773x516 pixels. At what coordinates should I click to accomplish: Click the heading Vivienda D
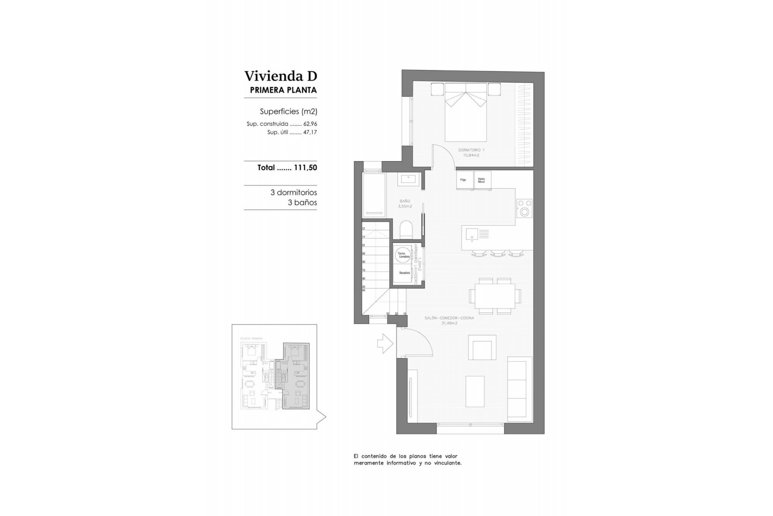[x=281, y=76]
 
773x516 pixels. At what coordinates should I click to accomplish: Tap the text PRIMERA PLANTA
[x=283, y=90]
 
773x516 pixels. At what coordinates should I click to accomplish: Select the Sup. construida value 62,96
[x=310, y=124]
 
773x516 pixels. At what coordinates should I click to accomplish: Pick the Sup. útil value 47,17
[x=310, y=132]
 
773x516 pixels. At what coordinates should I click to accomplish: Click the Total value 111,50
[x=305, y=168]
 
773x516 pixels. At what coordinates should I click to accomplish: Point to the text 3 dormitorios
[x=293, y=193]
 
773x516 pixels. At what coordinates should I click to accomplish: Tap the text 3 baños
[x=302, y=203]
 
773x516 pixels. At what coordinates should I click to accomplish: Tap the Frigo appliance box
[x=463, y=180]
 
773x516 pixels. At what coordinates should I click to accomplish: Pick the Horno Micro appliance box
[x=482, y=180]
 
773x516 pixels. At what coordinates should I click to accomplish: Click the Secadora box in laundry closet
[x=404, y=273]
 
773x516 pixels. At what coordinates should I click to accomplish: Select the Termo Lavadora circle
[x=403, y=255]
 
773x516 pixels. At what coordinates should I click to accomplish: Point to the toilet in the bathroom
[x=406, y=230]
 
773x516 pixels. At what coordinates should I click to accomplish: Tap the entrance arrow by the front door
[x=385, y=343]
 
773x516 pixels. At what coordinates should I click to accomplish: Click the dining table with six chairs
[x=495, y=296]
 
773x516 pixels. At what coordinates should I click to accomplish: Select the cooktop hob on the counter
[x=524, y=208]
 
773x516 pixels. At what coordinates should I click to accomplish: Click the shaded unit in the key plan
[x=296, y=376]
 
